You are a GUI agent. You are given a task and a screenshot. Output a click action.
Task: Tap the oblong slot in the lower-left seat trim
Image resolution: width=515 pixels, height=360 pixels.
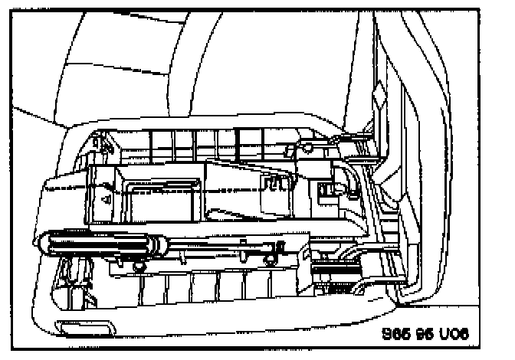77,329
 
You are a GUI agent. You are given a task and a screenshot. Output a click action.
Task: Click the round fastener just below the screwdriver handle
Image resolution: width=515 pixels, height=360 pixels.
139,266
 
